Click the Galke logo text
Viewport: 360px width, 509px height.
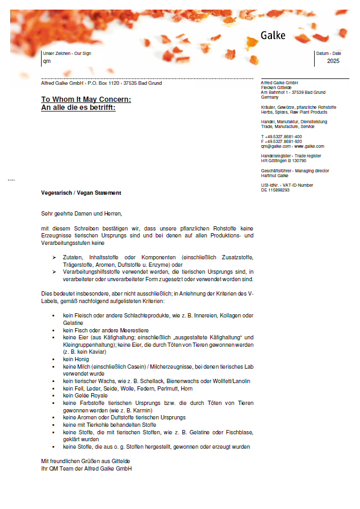coord(273,36)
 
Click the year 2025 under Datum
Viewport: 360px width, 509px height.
coord(333,61)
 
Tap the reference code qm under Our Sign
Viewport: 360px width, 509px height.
coord(46,61)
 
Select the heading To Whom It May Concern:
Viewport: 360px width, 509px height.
coord(86,99)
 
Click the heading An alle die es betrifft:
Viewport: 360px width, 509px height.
coord(78,107)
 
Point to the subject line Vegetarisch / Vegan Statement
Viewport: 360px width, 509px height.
coord(81,193)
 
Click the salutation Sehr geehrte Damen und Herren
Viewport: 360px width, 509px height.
coord(82,213)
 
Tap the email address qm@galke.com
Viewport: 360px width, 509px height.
coord(275,146)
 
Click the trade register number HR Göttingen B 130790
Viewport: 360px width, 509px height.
coord(283,161)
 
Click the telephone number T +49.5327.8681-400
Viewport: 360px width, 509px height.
coord(281,137)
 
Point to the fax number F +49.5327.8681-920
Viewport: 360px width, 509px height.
coord(281,141)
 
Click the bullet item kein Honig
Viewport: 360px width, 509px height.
coord(76,359)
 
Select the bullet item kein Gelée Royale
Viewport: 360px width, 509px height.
coord(85,395)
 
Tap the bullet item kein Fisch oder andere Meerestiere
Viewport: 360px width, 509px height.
coord(106,330)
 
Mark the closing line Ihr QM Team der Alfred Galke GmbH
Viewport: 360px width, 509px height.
coord(86,468)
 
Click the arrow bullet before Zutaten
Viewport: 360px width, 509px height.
coord(54,258)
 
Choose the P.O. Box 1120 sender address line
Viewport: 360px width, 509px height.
coord(101,83)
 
